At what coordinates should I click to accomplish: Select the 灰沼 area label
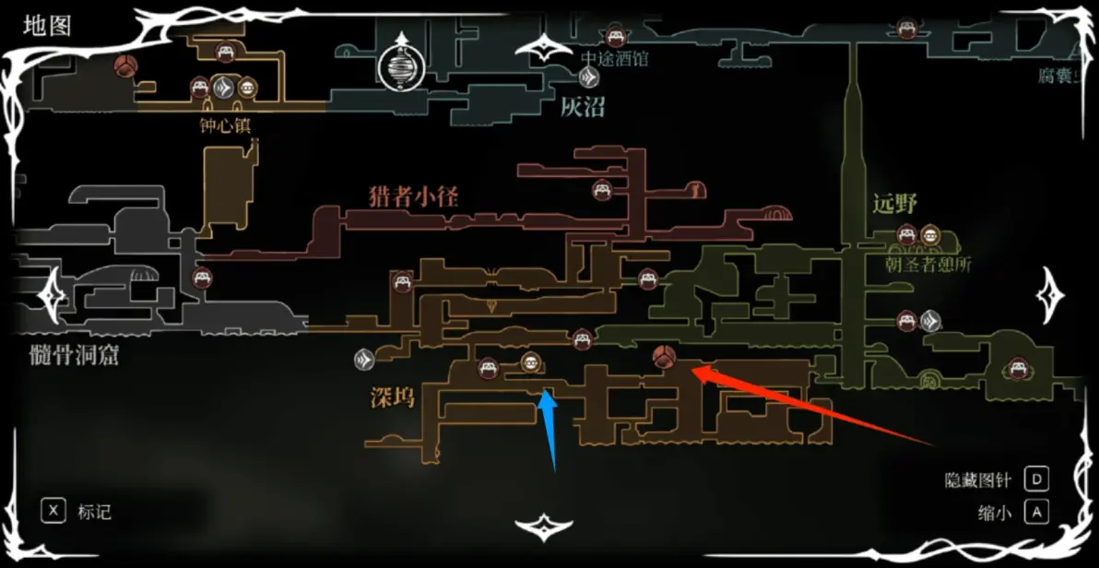(x=583, y=107)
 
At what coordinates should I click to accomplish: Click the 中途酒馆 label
(x=615, y=59)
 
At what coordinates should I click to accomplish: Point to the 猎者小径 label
(x=413, y=195)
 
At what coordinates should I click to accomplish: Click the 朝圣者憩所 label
(x=928, y=266)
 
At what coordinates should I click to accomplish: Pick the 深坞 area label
(x=392, y=398)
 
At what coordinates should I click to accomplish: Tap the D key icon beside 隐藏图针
(x=1037, y=479)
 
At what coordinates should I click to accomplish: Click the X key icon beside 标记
(x=54, y=511)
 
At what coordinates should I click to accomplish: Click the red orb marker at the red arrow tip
(x=663, y=356)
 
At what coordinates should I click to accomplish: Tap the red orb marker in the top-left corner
(x=125, y=66)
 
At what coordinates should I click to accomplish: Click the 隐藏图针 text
(x=978, y=480)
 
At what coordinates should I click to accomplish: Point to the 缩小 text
(x=995, y=512)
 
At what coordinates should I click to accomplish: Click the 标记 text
(x=95, y=512)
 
